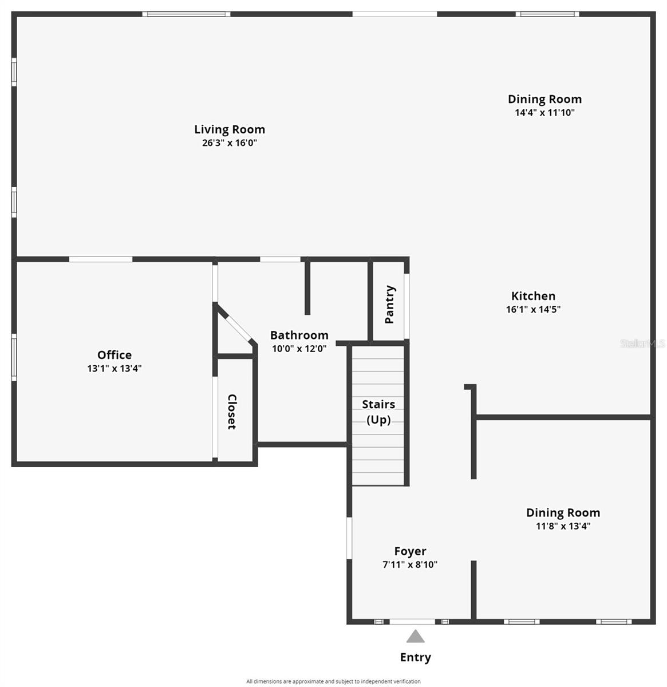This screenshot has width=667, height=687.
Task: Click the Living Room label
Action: pyautogui.click(x=229, y=129)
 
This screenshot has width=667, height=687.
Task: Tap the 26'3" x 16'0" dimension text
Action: pyautogui.click(x=229, y=143)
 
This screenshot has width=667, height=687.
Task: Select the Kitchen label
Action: pyautogui.click(x=533, y=296)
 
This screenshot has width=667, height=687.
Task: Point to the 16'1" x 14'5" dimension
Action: pyautogui.click(x=533, y=310)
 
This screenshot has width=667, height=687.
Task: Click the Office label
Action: pyautogui.click(x=115, y=355)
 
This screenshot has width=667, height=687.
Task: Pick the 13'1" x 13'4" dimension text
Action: pyautogui.click(x=115, y=369)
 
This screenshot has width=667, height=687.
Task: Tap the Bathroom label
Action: pyautogui.click(x=299, y=335)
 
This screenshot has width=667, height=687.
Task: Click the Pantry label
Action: pyautogui.click(x=390, y=305)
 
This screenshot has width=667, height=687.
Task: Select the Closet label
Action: pyautogui.click(x=232, y=412)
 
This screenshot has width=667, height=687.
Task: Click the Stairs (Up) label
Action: pyautogui.click(x=378, y=412)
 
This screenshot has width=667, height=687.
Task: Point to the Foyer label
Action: pyautogui.click(x=410, y=551)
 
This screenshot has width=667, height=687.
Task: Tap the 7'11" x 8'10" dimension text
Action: pyautogui.click(x=410, y=564)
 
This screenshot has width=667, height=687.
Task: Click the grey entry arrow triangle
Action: pyautogui.click(x=416, y=637)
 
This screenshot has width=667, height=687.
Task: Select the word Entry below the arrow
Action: pyautogui.click(x=416, y=657)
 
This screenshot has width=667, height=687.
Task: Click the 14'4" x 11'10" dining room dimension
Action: pyautogui.click(x=544, y=113)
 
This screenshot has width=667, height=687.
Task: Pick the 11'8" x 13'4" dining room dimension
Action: pyautogui.click(x=563, y=526)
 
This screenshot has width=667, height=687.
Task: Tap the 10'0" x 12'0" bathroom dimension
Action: pyautogui.click(x=299, y=348)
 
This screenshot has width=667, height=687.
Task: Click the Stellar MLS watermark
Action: pyautogui.click(x=642, y=343)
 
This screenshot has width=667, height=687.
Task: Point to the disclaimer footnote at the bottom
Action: pyautogui.click(x=333, y=681)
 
